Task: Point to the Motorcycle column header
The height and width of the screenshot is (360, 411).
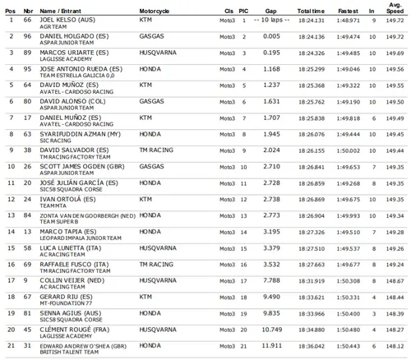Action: [157, 7]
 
